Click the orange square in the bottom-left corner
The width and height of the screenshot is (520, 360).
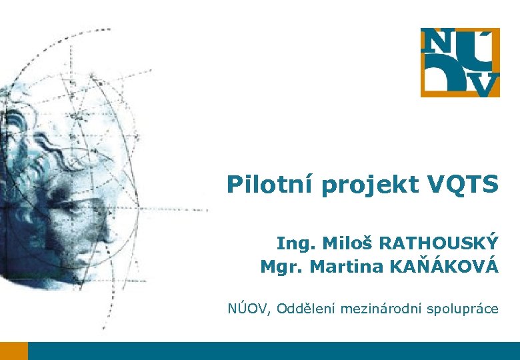pyautogui.click(x=14, y=351)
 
